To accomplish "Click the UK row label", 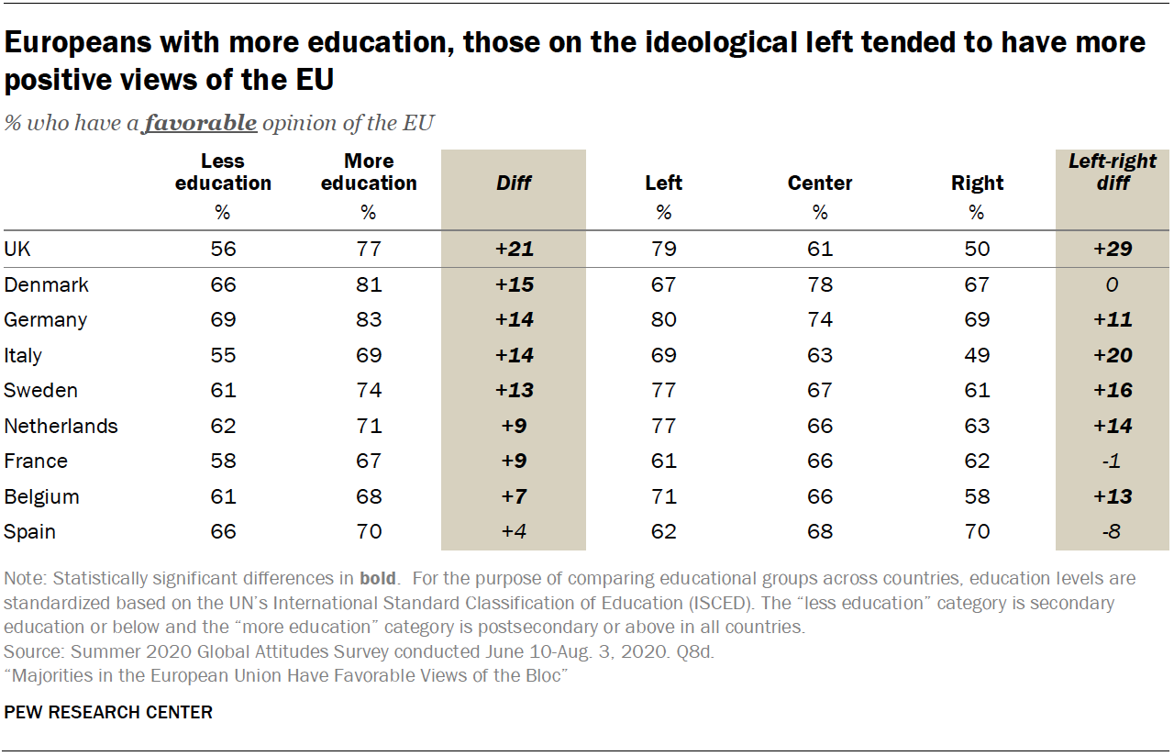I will point(17,249).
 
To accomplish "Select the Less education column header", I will point(223,172).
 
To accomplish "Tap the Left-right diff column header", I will point(1112,172).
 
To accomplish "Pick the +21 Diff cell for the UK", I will point(514,249).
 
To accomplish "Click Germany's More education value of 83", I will point(369,320).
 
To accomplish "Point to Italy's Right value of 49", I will point(977,355).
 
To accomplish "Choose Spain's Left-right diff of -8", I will point(1112,532).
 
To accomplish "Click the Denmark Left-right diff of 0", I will point(1112,284).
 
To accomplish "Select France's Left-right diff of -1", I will point(1112,461).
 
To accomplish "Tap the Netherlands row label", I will point(61,426).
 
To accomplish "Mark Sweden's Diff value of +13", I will point(514,391).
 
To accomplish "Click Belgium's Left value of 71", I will point(663,496).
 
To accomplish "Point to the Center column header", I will point(820,183).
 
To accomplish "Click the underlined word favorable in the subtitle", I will point(199,123).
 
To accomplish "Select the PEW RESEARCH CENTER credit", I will point(108,712).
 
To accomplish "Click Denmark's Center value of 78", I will point(820,284).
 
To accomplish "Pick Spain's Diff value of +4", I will point(514,532).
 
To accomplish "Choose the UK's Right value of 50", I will point(977,249).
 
